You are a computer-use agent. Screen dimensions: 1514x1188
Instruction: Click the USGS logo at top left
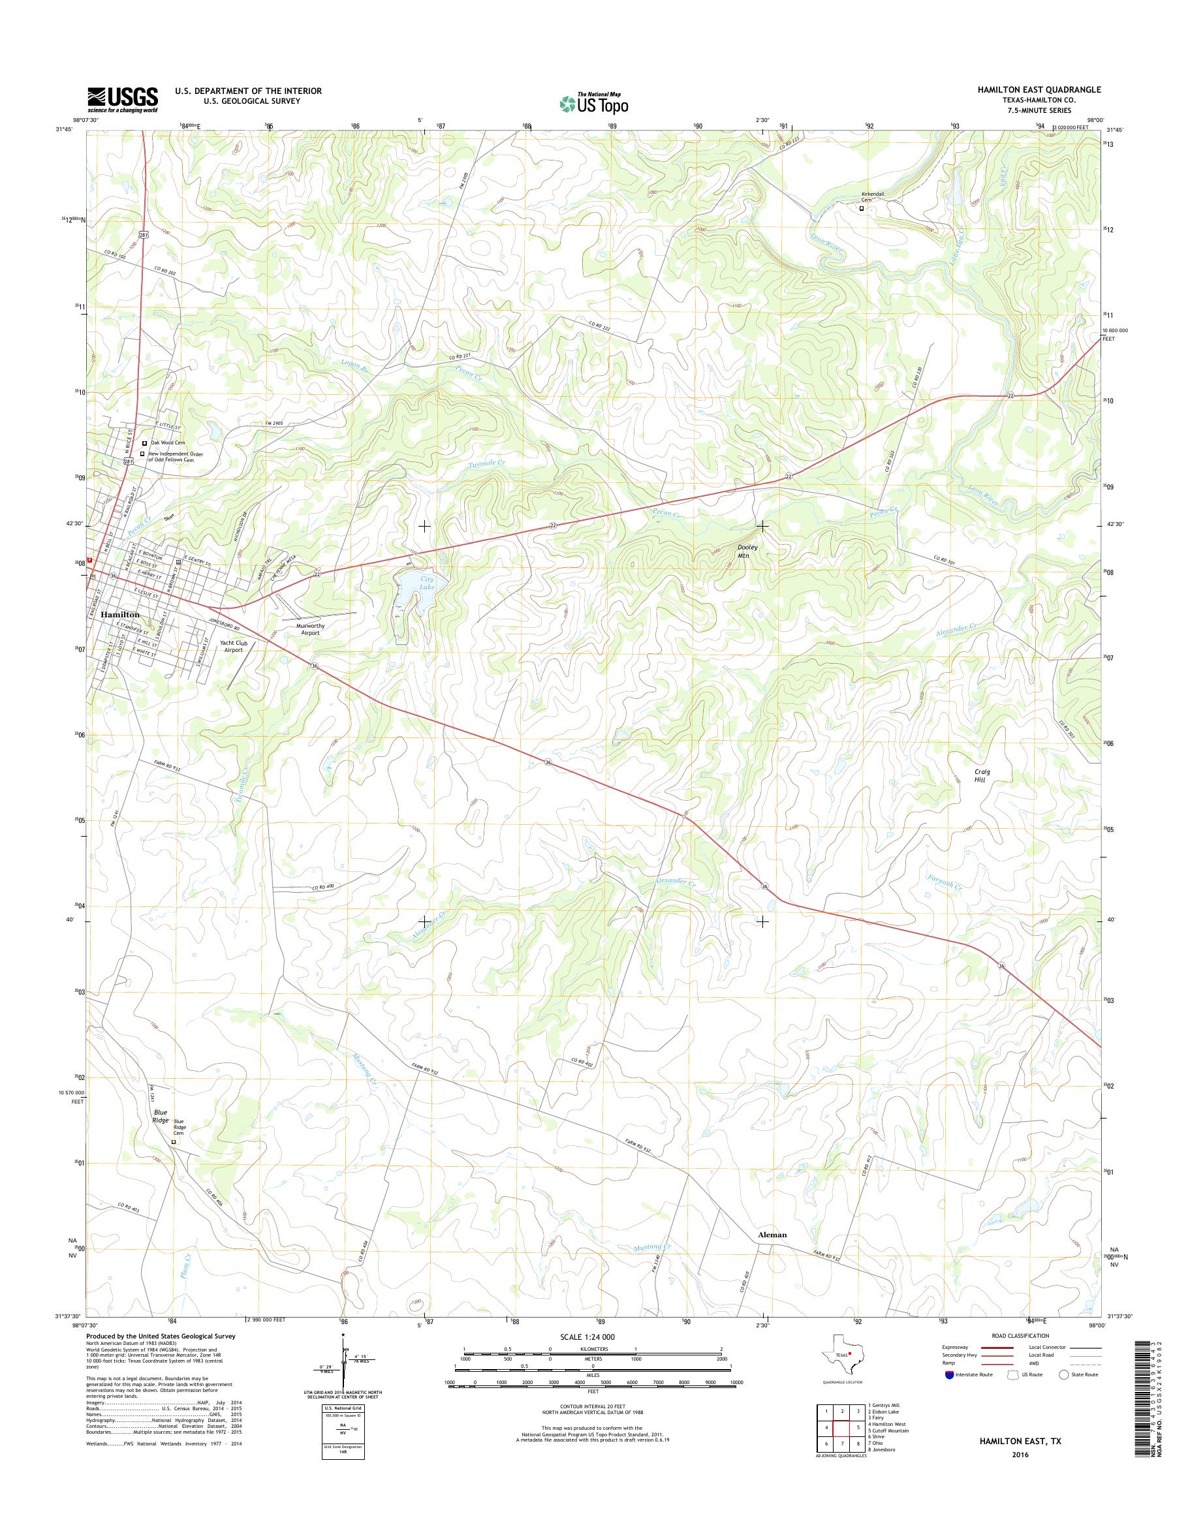pyautogui.click(x=123, y=99)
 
